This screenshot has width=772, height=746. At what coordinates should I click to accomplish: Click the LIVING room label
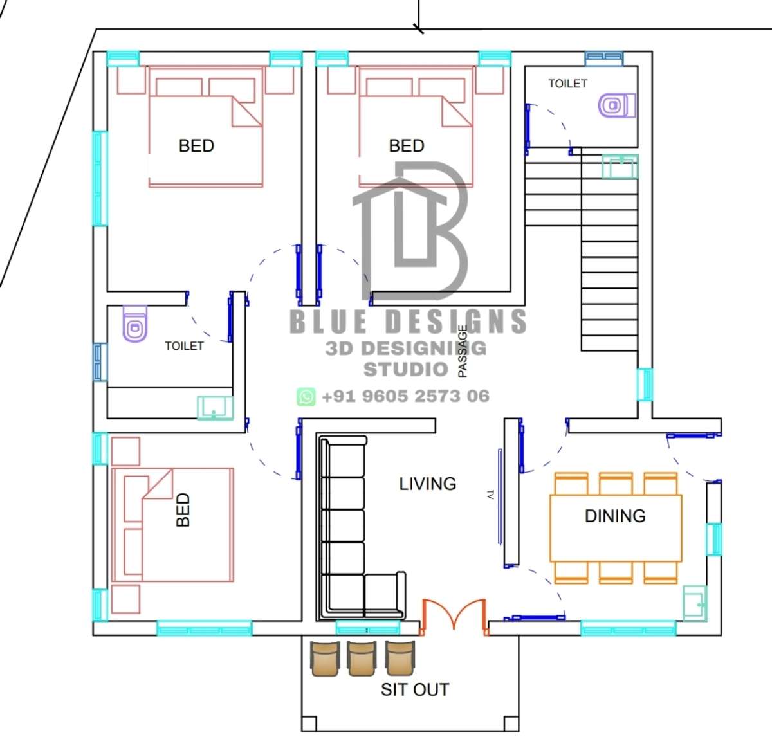(x=427, y=484)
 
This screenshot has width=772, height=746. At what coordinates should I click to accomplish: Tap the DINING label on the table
(x=615, y=516)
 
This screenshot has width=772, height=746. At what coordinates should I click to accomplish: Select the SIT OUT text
(x=414, y=689)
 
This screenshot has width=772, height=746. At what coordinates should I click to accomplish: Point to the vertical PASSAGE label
(x=463, y=351)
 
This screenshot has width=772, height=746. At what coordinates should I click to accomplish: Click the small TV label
(x=490, y=495)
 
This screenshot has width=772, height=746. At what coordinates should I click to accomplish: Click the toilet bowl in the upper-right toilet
(x=616, y=105)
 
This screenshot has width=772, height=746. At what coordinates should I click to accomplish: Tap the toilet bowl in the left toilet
(x=135, y=323)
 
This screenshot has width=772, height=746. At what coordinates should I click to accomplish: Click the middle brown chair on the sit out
(x=362, y=658)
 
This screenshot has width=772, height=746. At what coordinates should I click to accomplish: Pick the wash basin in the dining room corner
(x=695, y=603)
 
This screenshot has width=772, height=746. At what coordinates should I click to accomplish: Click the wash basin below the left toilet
(x=215, y=408)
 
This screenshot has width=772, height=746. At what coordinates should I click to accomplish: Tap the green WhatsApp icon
(x=306, y=397)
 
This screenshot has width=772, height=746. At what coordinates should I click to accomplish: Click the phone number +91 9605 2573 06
(x=405, y=396)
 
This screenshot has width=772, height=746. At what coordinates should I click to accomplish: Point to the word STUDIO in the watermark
(x=406, y=369)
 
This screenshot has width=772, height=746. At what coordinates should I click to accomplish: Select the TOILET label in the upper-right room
(x=567, y=84)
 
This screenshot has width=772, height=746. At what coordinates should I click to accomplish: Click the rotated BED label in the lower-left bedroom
(x=183, y=509)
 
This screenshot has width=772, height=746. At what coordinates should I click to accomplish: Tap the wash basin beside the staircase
(x=620, y=167)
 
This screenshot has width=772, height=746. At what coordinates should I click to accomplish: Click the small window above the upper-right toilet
(x=604, y=59)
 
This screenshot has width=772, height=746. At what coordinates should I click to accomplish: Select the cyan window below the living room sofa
(x=368, y=628)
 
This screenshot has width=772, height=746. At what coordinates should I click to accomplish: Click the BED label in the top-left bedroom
(x=196, y=146)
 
